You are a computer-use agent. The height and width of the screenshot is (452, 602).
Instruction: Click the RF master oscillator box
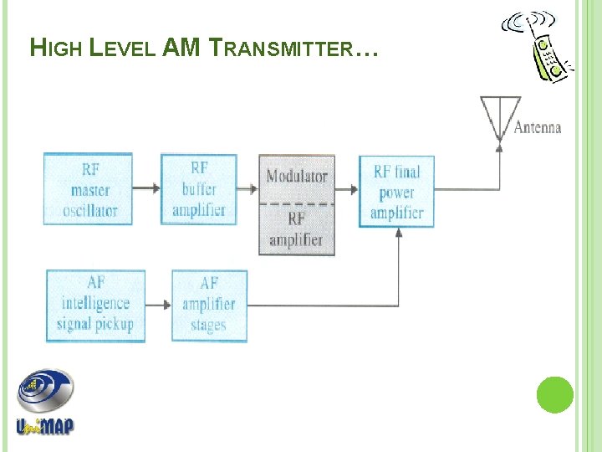click(x=88, y=189)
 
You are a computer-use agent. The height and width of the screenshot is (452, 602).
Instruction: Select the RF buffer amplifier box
click(x=199, y=189)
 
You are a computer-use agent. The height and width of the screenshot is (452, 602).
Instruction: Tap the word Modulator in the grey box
click(x=297, y=177)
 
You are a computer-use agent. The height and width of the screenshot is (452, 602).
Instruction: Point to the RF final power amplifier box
click(x=396, y=192)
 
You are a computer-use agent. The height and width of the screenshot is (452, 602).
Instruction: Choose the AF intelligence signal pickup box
click(x=95, y=305)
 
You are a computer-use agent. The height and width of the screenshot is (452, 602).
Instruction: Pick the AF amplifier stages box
click(x=209, y=305)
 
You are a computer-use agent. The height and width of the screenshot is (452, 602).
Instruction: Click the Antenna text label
click(x=537, y=128)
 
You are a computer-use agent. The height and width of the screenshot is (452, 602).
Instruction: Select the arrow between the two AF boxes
click(x=158, y=305)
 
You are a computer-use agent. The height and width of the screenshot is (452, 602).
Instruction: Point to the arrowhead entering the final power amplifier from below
click(x=398, y=233)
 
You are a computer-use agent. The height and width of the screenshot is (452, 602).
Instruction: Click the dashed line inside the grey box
click(x=297, y=203)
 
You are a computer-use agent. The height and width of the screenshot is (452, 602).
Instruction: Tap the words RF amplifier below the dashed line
click(x=296, y=229)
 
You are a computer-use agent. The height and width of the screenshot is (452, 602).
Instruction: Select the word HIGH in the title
click(x=56, y=49)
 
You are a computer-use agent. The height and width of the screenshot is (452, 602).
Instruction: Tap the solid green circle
click(x=554, y=395)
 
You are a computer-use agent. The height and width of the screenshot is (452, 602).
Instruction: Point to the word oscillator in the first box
click(x=89, y=210)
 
